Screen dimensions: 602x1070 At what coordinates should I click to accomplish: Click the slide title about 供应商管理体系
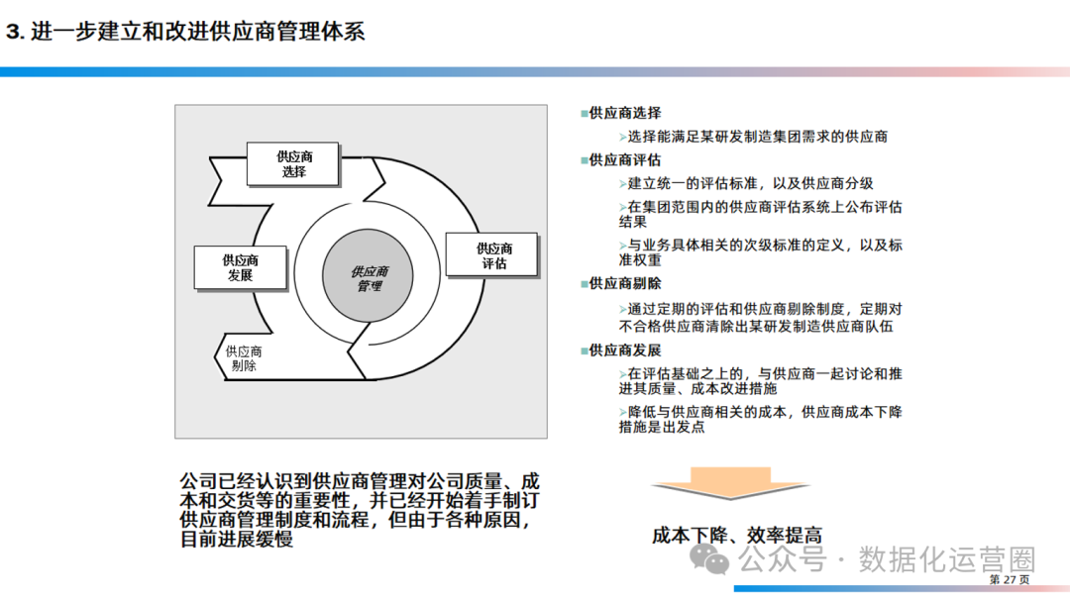click(x=185, y=31)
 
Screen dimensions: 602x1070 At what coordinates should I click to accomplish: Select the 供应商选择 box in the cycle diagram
click(x=293, y=164)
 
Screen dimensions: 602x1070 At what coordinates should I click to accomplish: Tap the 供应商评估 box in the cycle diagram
click(x=493, y=255)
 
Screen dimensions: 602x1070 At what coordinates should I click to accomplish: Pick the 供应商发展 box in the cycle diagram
click(x=240, y=267)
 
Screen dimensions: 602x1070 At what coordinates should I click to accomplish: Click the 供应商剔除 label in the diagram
click(x=243, y=358)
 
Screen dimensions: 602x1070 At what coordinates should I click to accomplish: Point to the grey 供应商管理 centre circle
click(x=369, y=278)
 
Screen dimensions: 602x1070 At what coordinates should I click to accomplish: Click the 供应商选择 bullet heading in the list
click(x=624, y=113)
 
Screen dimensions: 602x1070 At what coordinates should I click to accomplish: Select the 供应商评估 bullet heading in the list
click(x=624, y=159)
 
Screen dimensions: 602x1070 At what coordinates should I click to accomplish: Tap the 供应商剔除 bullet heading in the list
click(x=624, y=283)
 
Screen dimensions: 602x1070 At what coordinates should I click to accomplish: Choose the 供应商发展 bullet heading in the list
click(x=624, y=351)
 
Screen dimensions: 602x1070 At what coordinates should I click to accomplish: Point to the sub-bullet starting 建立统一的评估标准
click(x=750, y=183)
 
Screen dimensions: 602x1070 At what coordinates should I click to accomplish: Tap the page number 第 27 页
click(x=1010, y=579)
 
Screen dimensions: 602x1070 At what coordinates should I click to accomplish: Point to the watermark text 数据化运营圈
click(x=946, y=559)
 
